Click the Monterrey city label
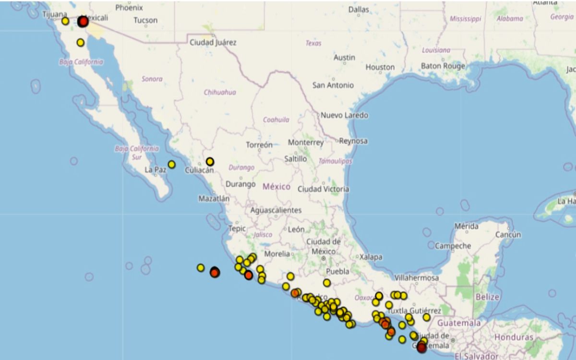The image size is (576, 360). pyautogui.click(x=306, y=143)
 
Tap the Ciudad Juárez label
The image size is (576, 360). pyautogui.click(x=213, y=42)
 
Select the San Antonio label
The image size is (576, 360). pyautogui.click(x=333, y=85)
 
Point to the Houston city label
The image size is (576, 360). pyautogui.click(x=380, y=67)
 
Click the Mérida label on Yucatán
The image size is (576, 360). pyautogui.click(x=466, y=226)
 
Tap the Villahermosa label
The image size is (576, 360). pyautogui.click(x=417, y=277)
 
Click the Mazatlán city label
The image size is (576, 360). pyautogui.click(x=214, y=198)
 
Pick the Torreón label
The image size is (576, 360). pyautogui.click(x=259, y=144)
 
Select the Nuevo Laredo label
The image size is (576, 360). pyautogui.click(x=344, y=115)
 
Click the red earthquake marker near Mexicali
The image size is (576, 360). pyautogui.click(x=83, y=22)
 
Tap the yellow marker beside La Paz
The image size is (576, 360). pyautogui.click(x=171, y=165)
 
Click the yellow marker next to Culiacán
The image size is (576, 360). pyautogui.click(x=210, y=162)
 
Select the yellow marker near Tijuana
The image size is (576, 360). pyautogui.click(x=65, y=21)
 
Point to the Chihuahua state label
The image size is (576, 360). pyautogui.click(x=220, y=92)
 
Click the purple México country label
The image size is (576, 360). pyautogui.click(x=276, y=186)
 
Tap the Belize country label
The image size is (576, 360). pyautogui.click(x=487, y=297)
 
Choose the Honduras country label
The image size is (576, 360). pyautogui.click(x=514, y=337)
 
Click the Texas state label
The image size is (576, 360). pyautogui.click(x=313, y=43)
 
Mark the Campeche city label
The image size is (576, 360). pyautogui.click(x=453, y=246)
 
